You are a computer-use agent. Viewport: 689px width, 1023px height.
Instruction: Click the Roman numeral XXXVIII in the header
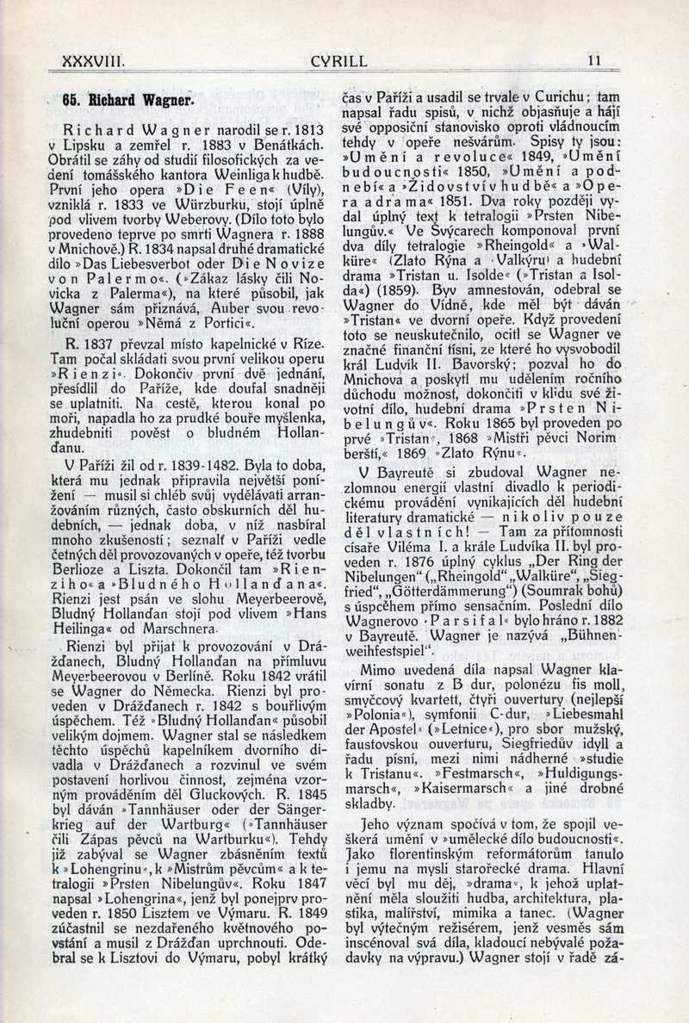pyautogui.click(x=95, y=61)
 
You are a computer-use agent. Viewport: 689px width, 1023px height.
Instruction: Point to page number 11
pyautogui.click(x=594, y=61)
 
